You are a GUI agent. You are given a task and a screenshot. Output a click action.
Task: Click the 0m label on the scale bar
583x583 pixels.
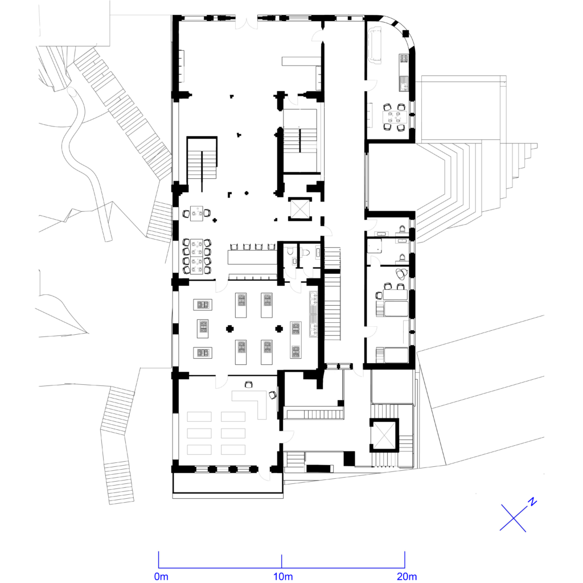pos(161,577)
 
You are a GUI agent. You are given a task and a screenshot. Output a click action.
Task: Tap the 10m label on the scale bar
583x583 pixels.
pos(283,577)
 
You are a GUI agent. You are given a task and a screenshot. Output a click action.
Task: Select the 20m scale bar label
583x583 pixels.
pos(407,577)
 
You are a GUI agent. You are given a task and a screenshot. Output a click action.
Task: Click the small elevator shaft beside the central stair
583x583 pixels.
pos(299,209)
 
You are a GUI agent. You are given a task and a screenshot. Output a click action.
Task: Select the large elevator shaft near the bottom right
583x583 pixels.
pos(384,435)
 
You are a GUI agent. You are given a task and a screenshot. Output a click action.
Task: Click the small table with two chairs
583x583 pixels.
pos(196,214)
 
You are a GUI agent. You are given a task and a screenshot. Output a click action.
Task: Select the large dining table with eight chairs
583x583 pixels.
pos(196,257)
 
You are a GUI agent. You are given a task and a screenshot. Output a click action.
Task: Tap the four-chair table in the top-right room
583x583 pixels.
pos(394,117)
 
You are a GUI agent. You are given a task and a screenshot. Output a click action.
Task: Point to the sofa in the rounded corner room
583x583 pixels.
pos(375,44)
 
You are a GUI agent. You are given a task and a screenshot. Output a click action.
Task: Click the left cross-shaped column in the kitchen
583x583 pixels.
pos(230,329)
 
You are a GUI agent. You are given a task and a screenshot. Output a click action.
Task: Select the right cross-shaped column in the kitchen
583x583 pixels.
pos(279,329)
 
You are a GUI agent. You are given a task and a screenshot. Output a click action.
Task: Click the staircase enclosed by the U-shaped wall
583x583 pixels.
pos(202,163)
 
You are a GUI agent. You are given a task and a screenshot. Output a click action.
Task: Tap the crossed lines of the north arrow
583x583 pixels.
pos(514,518)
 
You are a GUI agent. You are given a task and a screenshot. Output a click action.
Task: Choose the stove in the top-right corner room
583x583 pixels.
pos(404,59)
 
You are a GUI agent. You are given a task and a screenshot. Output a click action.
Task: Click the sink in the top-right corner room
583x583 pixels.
pos(404,83)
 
